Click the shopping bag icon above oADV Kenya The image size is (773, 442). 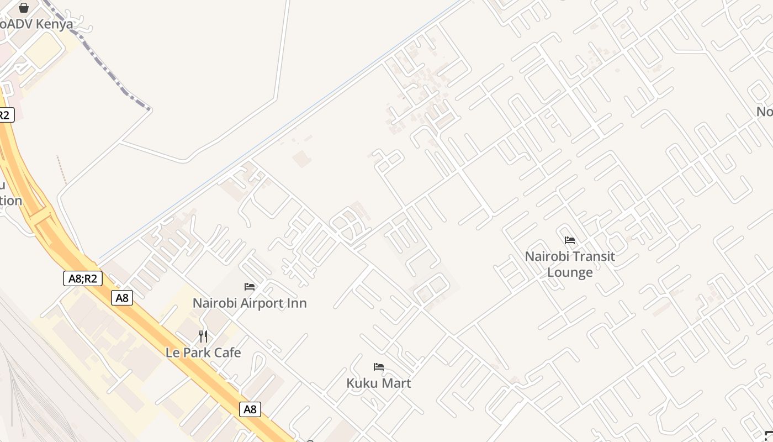[24, 8]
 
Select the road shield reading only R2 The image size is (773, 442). [5, 115]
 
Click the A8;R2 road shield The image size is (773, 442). [83, 278]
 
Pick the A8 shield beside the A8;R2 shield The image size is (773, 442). [122, 298]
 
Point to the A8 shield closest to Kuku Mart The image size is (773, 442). [250, 409]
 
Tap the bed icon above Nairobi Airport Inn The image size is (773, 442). [250, 287]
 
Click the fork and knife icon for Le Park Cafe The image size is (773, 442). [203, 336]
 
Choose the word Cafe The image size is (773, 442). [227, 352]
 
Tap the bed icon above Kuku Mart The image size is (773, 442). [379, 367]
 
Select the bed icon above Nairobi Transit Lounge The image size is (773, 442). [570, 240]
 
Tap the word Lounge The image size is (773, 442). [570, 272]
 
